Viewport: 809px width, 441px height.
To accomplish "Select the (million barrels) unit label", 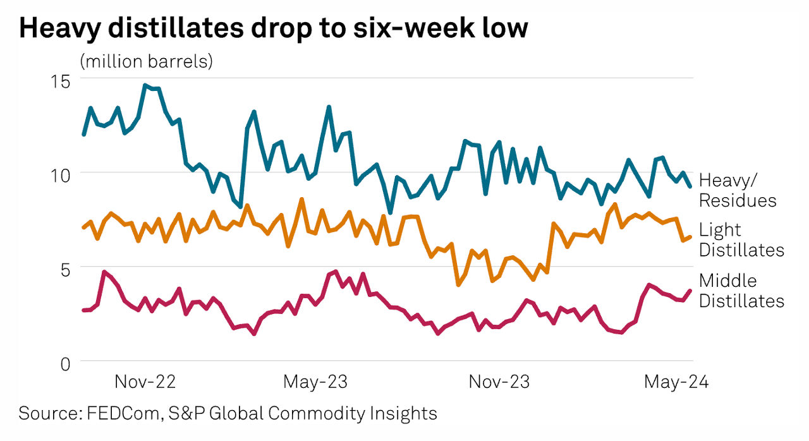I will click(146, 62).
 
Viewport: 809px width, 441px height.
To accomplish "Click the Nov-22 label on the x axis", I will click(145, 382).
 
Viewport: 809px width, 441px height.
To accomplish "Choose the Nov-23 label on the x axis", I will click(499, 382).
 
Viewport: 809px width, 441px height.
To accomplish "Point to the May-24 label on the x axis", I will click(676, 382).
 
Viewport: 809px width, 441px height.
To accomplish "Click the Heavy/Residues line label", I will click(737, 190).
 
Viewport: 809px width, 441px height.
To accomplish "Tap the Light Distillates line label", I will click(741, 239).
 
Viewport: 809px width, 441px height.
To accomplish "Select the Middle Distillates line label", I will click(741, 290).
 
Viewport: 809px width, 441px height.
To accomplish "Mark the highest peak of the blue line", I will click(145, 85).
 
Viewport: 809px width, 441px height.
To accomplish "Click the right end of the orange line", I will click(690, 237).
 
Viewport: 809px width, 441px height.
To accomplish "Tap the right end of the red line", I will click(690, 291).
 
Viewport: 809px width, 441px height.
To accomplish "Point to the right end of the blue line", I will click(690, 186).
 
